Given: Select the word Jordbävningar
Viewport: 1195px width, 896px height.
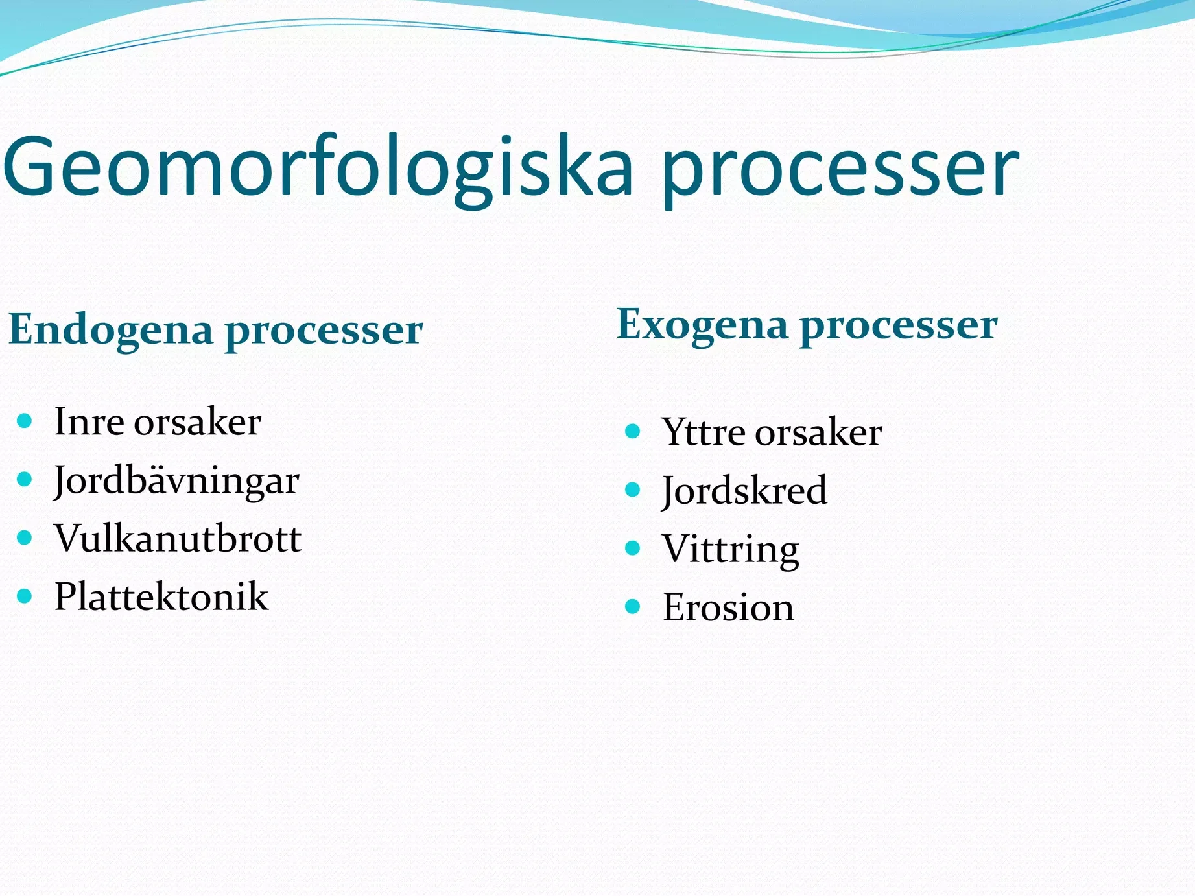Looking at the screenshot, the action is tap(176, 482).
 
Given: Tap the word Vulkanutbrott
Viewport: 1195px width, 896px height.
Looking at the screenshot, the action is tap(178, 538).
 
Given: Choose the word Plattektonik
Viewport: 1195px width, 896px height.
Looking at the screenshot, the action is tap(161, 596).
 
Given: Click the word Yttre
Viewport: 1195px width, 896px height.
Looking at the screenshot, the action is tap(702, 432).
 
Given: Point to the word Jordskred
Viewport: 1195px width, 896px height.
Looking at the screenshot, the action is tap(744, 491).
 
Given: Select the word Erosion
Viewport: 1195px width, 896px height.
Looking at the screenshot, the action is tap(728, 607).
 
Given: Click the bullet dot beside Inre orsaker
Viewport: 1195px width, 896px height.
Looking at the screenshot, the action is tap(25, 421).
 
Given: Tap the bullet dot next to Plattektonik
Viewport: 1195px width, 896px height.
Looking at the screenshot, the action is tap(25, 596).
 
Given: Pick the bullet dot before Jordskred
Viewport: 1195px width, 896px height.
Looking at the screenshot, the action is tap(633, 489).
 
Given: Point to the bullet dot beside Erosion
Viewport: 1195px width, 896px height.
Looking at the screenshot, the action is tap(633, 606).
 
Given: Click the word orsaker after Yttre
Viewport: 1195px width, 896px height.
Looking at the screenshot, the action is tap(818, 432).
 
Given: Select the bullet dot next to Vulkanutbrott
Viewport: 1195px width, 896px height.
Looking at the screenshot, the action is tap(25, 537).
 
